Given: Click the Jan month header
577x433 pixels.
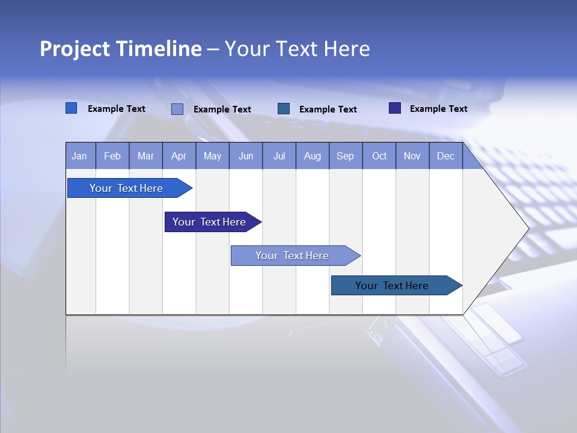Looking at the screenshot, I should coord(79,156).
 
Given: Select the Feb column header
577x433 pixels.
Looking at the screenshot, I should coord(112,156).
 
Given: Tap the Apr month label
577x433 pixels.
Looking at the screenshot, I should coord(179,156).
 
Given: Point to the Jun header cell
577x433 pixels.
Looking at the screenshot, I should coord(246,156).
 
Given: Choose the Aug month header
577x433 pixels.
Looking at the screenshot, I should coord(312,156).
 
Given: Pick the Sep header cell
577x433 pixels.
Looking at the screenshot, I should coord(345,156).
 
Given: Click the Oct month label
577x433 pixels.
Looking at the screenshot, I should coord(379,156).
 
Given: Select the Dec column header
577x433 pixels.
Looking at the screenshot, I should coord(445,156).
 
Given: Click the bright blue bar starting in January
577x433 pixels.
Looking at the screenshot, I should coord(126,188).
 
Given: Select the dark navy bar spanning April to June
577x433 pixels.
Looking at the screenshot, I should coord(209,222).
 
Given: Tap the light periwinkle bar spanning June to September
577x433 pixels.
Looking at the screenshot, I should coord(292,256).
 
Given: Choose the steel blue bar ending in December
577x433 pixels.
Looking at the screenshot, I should coord(392,286).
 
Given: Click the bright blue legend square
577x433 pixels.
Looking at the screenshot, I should coord(71,108).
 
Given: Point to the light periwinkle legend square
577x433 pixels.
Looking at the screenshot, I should coord(177,109).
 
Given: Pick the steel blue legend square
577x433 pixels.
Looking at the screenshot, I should coord(284,109).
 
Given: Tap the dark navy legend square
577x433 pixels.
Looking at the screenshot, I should coord(395,108).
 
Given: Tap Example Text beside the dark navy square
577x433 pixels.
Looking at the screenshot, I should coord(438,109).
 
